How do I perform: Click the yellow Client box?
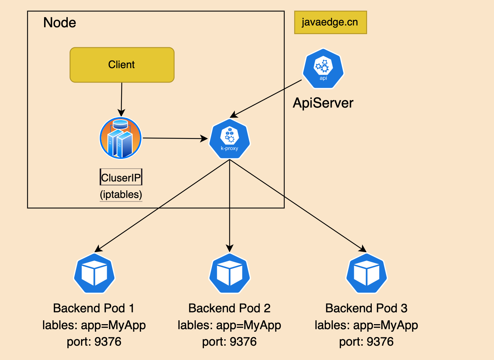pyautogui.click(x=122, y=65)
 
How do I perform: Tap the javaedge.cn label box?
pyautogui.click(x=330, y=22)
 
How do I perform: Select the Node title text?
pyautogui.click(x=60, y=23)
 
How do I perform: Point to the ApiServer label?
pyautogui.click(x=323, y=103)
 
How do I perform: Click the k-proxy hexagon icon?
pyautogui.click(x=229, y=139)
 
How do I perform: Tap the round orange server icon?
pyautogui.click(x=120, y=138)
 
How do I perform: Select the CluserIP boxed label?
pyautogui.click(x=121, y=177)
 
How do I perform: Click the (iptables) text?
pyautogui.click(x=121, y=194)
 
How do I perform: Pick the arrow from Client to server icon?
pyautogui.click(x=122, y=99)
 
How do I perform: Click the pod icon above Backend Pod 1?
pyautogui.click(x=94, y=274)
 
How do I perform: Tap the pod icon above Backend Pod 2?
pyautogui.click(x=229, y=274)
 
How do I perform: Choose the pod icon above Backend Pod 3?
pyautogui.click(x=366, y=274)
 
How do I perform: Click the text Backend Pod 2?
pyautogui.click(x=229, y=308)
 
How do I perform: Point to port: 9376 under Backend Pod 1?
pyautogui.click(x=94, y=341)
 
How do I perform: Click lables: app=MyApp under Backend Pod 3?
pyautogui.click(x=366, y=325)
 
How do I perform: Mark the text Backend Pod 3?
pyautogui.click(x=366, y=308)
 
